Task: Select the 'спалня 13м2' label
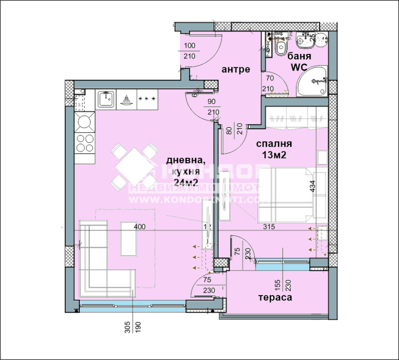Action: point(274,148)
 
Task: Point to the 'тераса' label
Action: point(275,298)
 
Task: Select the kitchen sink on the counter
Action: point(105,100)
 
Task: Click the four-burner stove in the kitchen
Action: point(85,142)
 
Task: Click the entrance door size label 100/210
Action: point(190,51)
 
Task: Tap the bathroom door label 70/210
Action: point(270,83)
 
